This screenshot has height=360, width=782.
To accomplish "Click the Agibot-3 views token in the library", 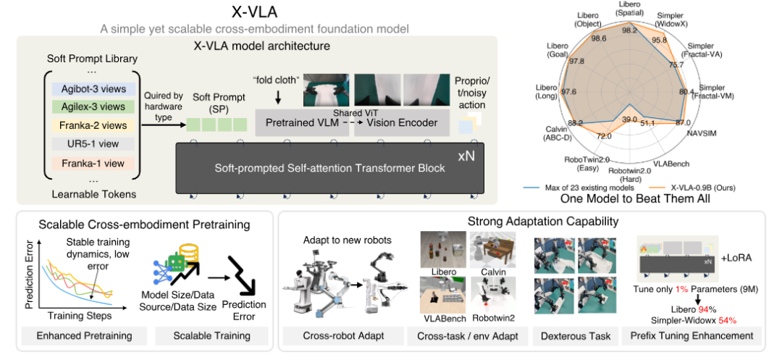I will pos(93,89).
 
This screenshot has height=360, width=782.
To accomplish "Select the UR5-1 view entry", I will pos(93,143).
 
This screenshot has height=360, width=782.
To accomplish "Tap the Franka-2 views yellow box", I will pos(93,125).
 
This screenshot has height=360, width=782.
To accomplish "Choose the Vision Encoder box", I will pos(401,122).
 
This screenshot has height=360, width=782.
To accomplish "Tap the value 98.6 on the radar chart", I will pos(602,38).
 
